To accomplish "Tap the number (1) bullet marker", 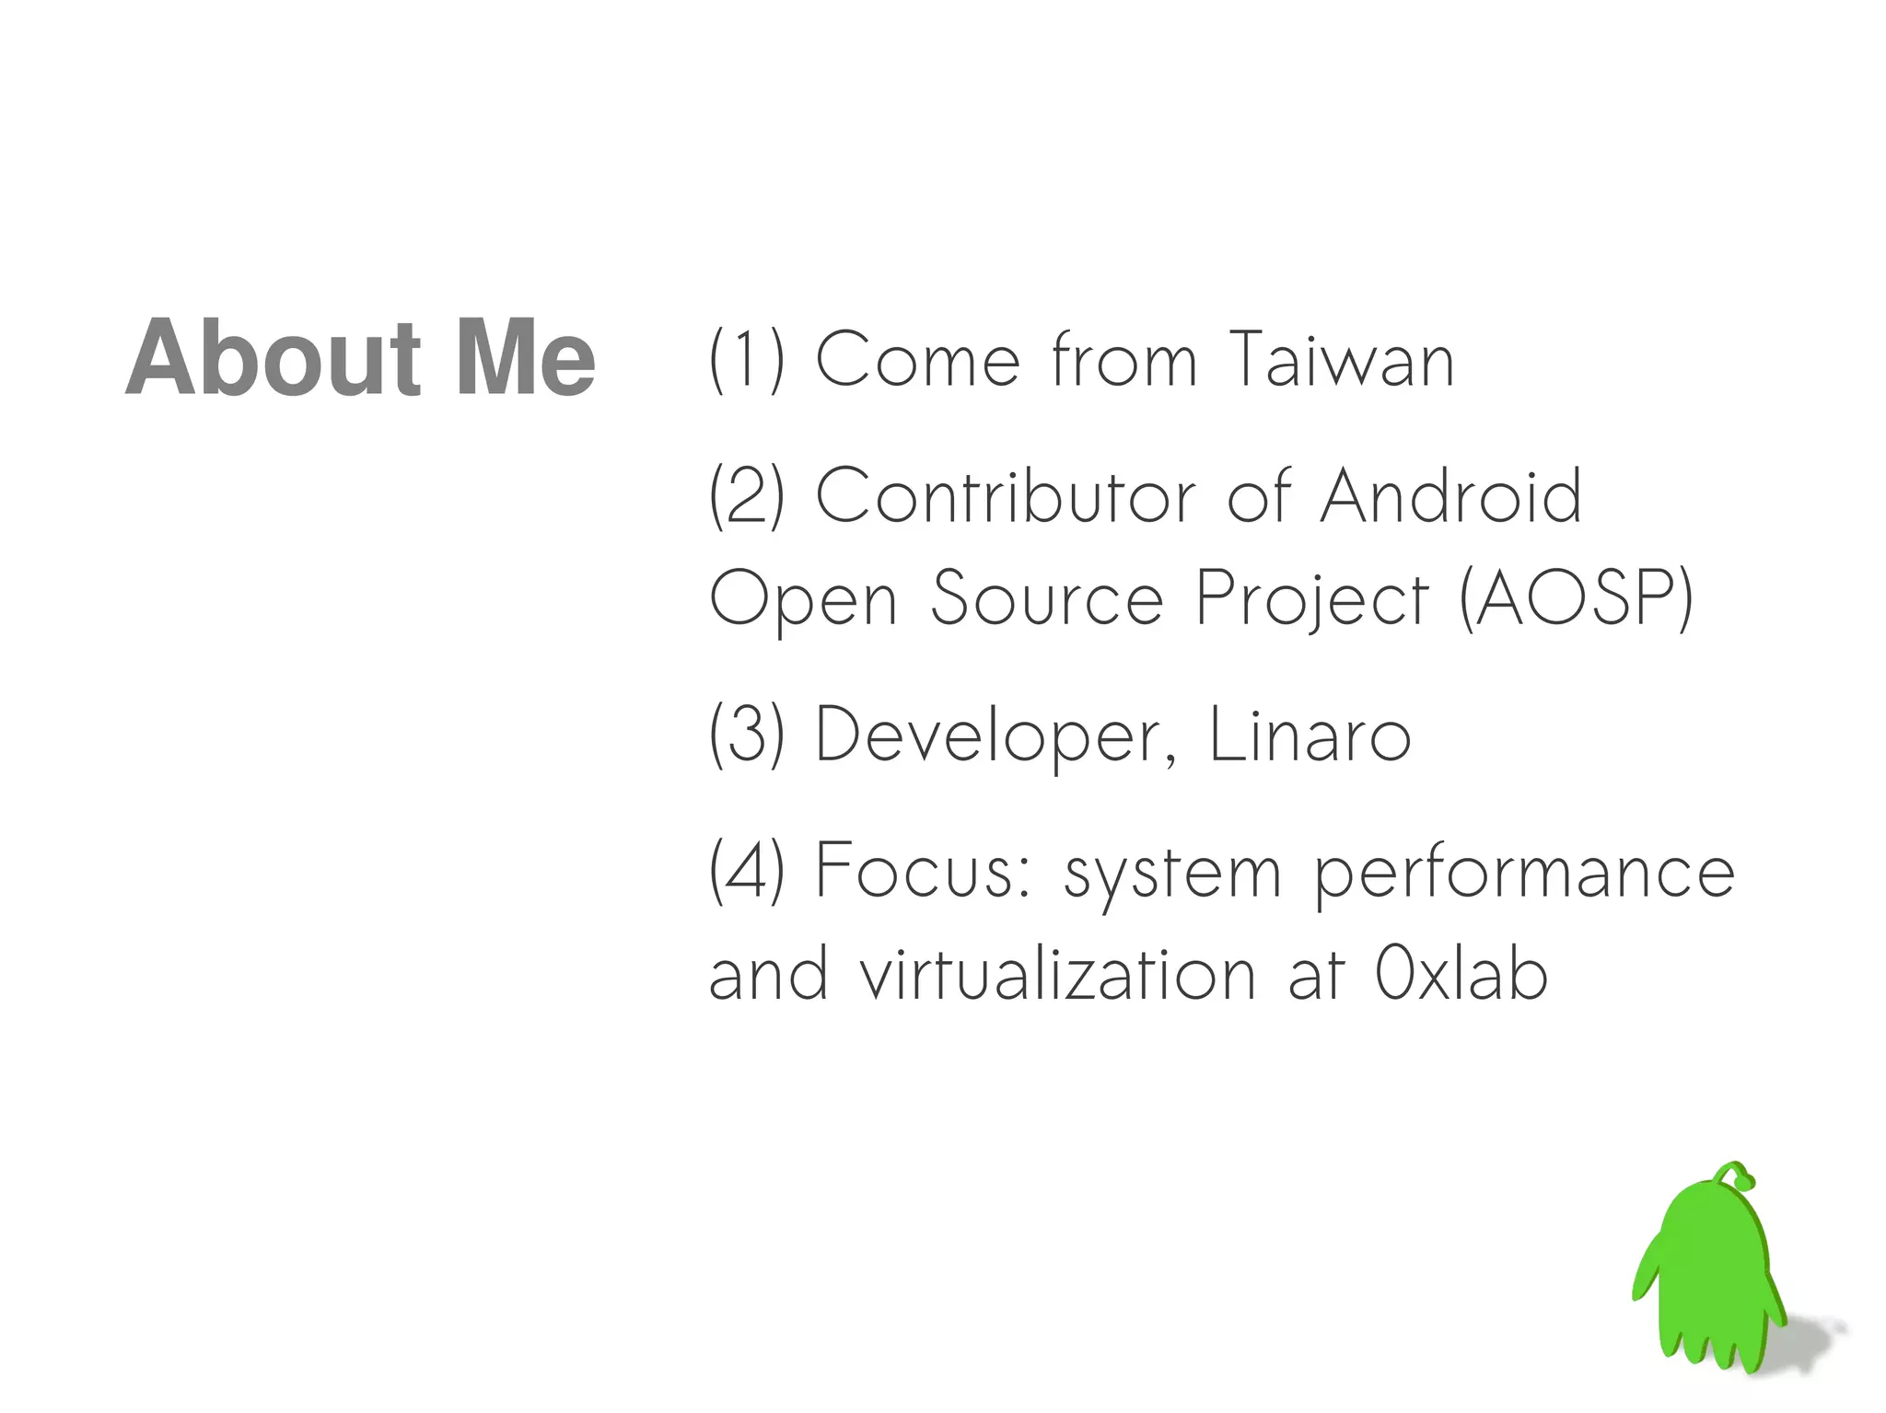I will (x=747, y=360).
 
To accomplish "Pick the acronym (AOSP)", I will (x=1576, y=598).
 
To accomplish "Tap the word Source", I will (x=1047, y=598).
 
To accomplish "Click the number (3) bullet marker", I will (x=747, y=734).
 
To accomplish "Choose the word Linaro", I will (x=1309, y=735).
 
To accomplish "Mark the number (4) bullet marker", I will (x=747, y=870).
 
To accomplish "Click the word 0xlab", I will (x=1461, y=974).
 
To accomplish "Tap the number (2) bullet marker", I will (x=747, y=496).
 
